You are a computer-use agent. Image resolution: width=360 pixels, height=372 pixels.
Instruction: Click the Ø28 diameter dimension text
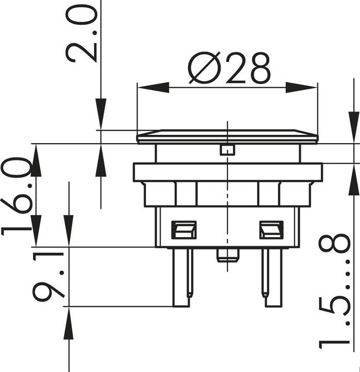tap(229, 68)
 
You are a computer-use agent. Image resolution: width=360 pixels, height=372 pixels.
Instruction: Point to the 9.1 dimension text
tap(49, 277)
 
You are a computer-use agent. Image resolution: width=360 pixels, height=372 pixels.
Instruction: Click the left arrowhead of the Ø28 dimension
tap(153, 87)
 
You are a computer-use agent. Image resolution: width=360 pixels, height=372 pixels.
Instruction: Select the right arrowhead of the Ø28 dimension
tap(302, 87)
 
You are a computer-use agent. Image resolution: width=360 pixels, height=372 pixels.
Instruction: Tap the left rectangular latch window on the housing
tap(184, 229)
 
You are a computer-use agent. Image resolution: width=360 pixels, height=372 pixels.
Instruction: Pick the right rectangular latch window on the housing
tap(271, 229)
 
